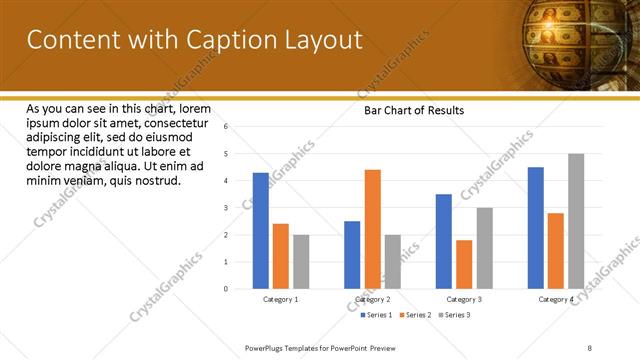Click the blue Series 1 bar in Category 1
pos(261,231)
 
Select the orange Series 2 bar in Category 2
pos(372,229)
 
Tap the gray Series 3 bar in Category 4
pos(576,221)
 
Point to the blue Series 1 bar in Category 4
pos(536,228)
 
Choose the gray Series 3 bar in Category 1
pos(301,262)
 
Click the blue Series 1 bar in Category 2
pos(352,255)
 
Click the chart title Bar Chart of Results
pos(413,111)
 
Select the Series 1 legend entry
pos(376,315)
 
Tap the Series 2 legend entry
pos(416,315)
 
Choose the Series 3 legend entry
pos(454,315)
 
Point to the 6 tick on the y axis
pos(227,127)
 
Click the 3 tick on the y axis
pos(227,208)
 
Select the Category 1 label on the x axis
pos(281,299)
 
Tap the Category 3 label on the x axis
pos(464,299)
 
